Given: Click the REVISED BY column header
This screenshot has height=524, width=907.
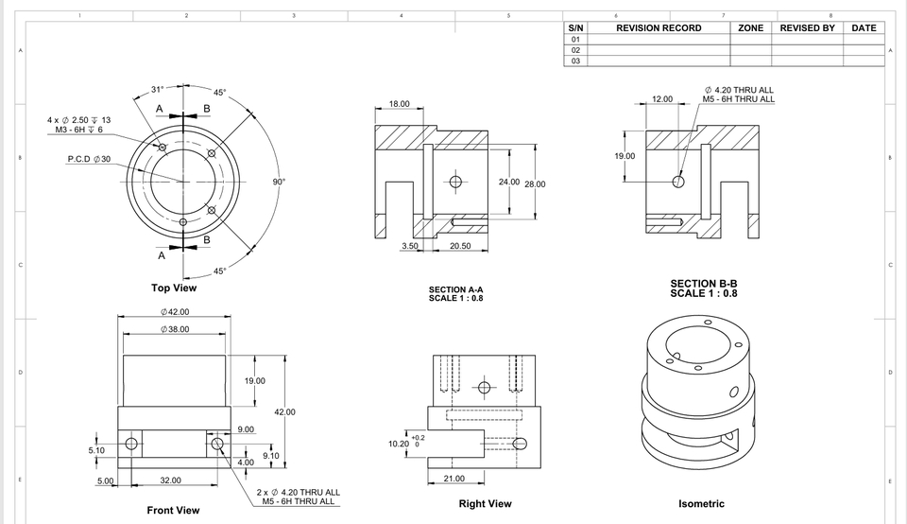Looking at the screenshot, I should pyautogui.click(x=807, y=28).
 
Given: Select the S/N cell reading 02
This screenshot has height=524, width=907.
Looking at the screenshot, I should pyautogui.click(x=576, y=50).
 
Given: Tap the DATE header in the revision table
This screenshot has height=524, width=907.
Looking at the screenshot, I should pyautogui.click(x=864, y=28).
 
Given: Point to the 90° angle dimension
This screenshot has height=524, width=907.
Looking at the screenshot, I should pyautogui.click(x=279, y=180).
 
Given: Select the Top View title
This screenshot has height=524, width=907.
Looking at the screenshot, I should pyautogui.click(x=174, y=288).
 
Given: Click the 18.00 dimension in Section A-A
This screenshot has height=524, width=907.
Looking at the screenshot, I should pyautogui.click(x=400, y=104).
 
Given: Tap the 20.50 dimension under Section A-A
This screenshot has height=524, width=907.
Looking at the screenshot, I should pyautogui.click(x=461, y=246).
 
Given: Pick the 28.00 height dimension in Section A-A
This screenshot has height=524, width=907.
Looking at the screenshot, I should pyautogui.click(x=534, y=184).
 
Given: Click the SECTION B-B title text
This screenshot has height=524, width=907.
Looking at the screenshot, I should pyautogui.click(x=703, y=284).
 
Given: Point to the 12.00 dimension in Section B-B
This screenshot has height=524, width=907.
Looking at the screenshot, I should pyautogui.click(x=662, y=98).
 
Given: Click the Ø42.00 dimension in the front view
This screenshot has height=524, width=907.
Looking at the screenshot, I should pyautogui.click(x=175, y=311).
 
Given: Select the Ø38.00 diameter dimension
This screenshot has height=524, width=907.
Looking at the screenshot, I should pyautogui.click(x=175, y=329).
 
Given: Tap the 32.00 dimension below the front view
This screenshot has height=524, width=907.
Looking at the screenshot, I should pyautogui.click(x=170, y=480).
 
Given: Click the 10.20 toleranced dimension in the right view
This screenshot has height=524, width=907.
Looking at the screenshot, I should pyautogui.click(x=399, y=443).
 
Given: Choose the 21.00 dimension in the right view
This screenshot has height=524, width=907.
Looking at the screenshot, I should pyautogui.click(x=453, y=479).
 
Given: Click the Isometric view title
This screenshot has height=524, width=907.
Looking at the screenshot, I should pyautogui.click(x=701, y=504).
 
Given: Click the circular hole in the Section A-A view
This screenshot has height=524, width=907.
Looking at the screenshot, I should pyautogui.click(x=455, y=182).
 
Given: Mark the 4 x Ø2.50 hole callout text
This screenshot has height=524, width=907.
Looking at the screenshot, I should pyautogui.click(x=78, y=120).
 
